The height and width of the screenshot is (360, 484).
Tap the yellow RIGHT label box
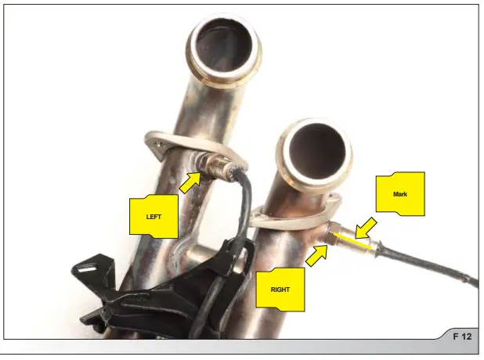tap(280, 289)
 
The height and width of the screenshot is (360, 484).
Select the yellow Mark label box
tap(400, 192)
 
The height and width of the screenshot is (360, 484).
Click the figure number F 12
tap(461, 337)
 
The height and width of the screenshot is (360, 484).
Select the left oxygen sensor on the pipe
tap(212, 164)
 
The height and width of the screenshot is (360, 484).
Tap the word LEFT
tap(154, 216)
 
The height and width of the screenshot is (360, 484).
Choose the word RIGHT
tap(280, 290)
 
